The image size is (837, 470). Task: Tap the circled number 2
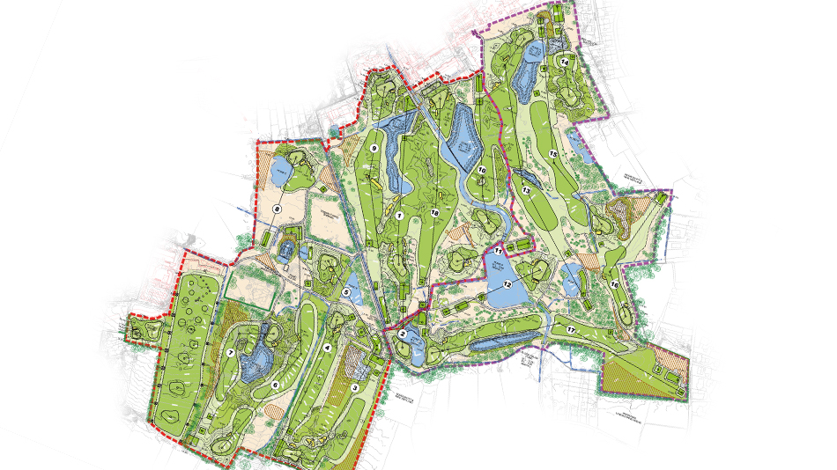tap(402, 334)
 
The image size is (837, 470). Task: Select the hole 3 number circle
tap(355, 386)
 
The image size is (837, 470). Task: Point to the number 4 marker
tap(328, 348)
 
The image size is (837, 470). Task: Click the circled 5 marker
tap(346, 291)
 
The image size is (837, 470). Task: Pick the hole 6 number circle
tap(275, 385)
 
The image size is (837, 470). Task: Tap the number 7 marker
tap(230, 354)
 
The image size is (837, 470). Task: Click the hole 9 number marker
tap(374, 149)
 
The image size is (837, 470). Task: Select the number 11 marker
tap(498, 251)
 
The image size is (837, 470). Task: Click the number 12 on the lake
tap(507, 284)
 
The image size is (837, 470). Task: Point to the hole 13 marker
tap(526, 189)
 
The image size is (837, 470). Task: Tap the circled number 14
tap(563, 61)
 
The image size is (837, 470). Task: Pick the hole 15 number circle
tap(553, 153)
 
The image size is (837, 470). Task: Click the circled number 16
tap(614, 284)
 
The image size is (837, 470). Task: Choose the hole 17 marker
tap(571, 330)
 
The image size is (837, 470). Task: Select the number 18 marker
tap(434, 213)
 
